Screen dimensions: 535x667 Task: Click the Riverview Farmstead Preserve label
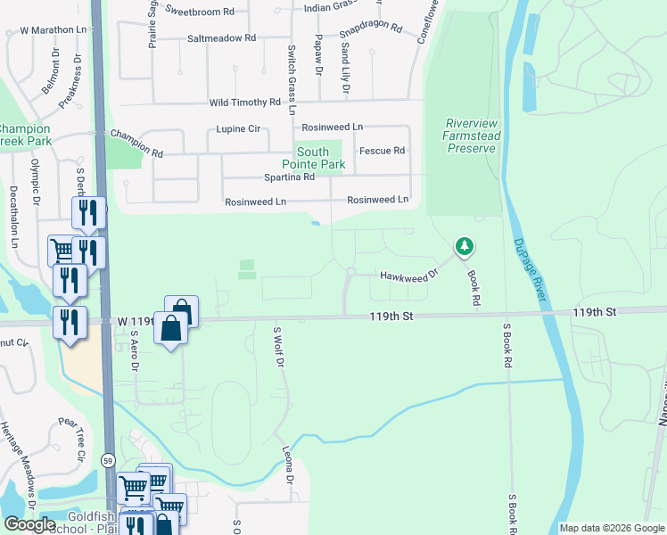click(x=472, y=136)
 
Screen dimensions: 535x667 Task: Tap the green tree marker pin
click(x=463, y=245)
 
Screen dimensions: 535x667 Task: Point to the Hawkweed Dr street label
click(x=409, y=276)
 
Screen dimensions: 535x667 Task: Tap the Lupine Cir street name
click(x=238, y=129)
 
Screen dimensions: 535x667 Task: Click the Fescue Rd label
click(x=382, y=151)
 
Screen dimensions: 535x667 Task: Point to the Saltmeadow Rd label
click(x=221, y=38)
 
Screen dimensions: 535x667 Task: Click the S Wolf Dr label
click(x=277, y=348)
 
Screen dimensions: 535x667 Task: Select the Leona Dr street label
click(x=288, y=465)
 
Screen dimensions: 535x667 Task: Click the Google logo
click(x=29, y=524)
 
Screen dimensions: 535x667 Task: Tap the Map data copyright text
click(x=611, y=528)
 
